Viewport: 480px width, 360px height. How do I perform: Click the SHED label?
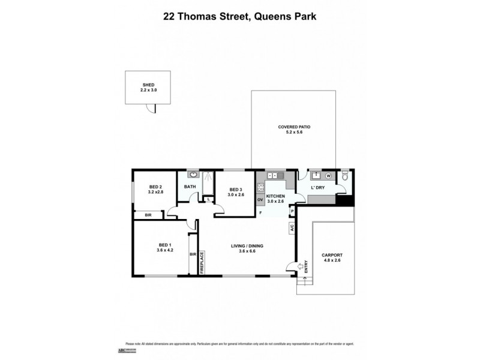[x=148, y=85]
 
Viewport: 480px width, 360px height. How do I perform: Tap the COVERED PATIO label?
[x=293, y=127]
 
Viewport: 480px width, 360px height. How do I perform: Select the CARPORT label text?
[x=332, y=255]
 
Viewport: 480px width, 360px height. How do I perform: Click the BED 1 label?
[x=166, y=245]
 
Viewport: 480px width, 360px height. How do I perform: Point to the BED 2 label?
[x=156, y=187]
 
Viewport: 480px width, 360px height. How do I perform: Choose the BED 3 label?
[x=235, y=190]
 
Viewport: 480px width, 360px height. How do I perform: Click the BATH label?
[x=190, y=187]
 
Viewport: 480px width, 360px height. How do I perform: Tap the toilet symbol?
[x=344, y=177]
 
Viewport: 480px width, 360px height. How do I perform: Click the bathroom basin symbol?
[x=193, y=175]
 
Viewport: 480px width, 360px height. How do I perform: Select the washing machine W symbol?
[x=328, y=176]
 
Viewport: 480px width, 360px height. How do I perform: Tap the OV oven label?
[x=260, y=199]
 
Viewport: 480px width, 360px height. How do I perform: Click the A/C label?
[x=292, y=227]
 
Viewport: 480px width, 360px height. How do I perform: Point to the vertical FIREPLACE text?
[x=202, y=262]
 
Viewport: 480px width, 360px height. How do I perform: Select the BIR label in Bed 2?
[x=147, y=214]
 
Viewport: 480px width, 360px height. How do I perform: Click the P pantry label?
[x=292, y=211]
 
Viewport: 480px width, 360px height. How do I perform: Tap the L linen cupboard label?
[x=208, y=199]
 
